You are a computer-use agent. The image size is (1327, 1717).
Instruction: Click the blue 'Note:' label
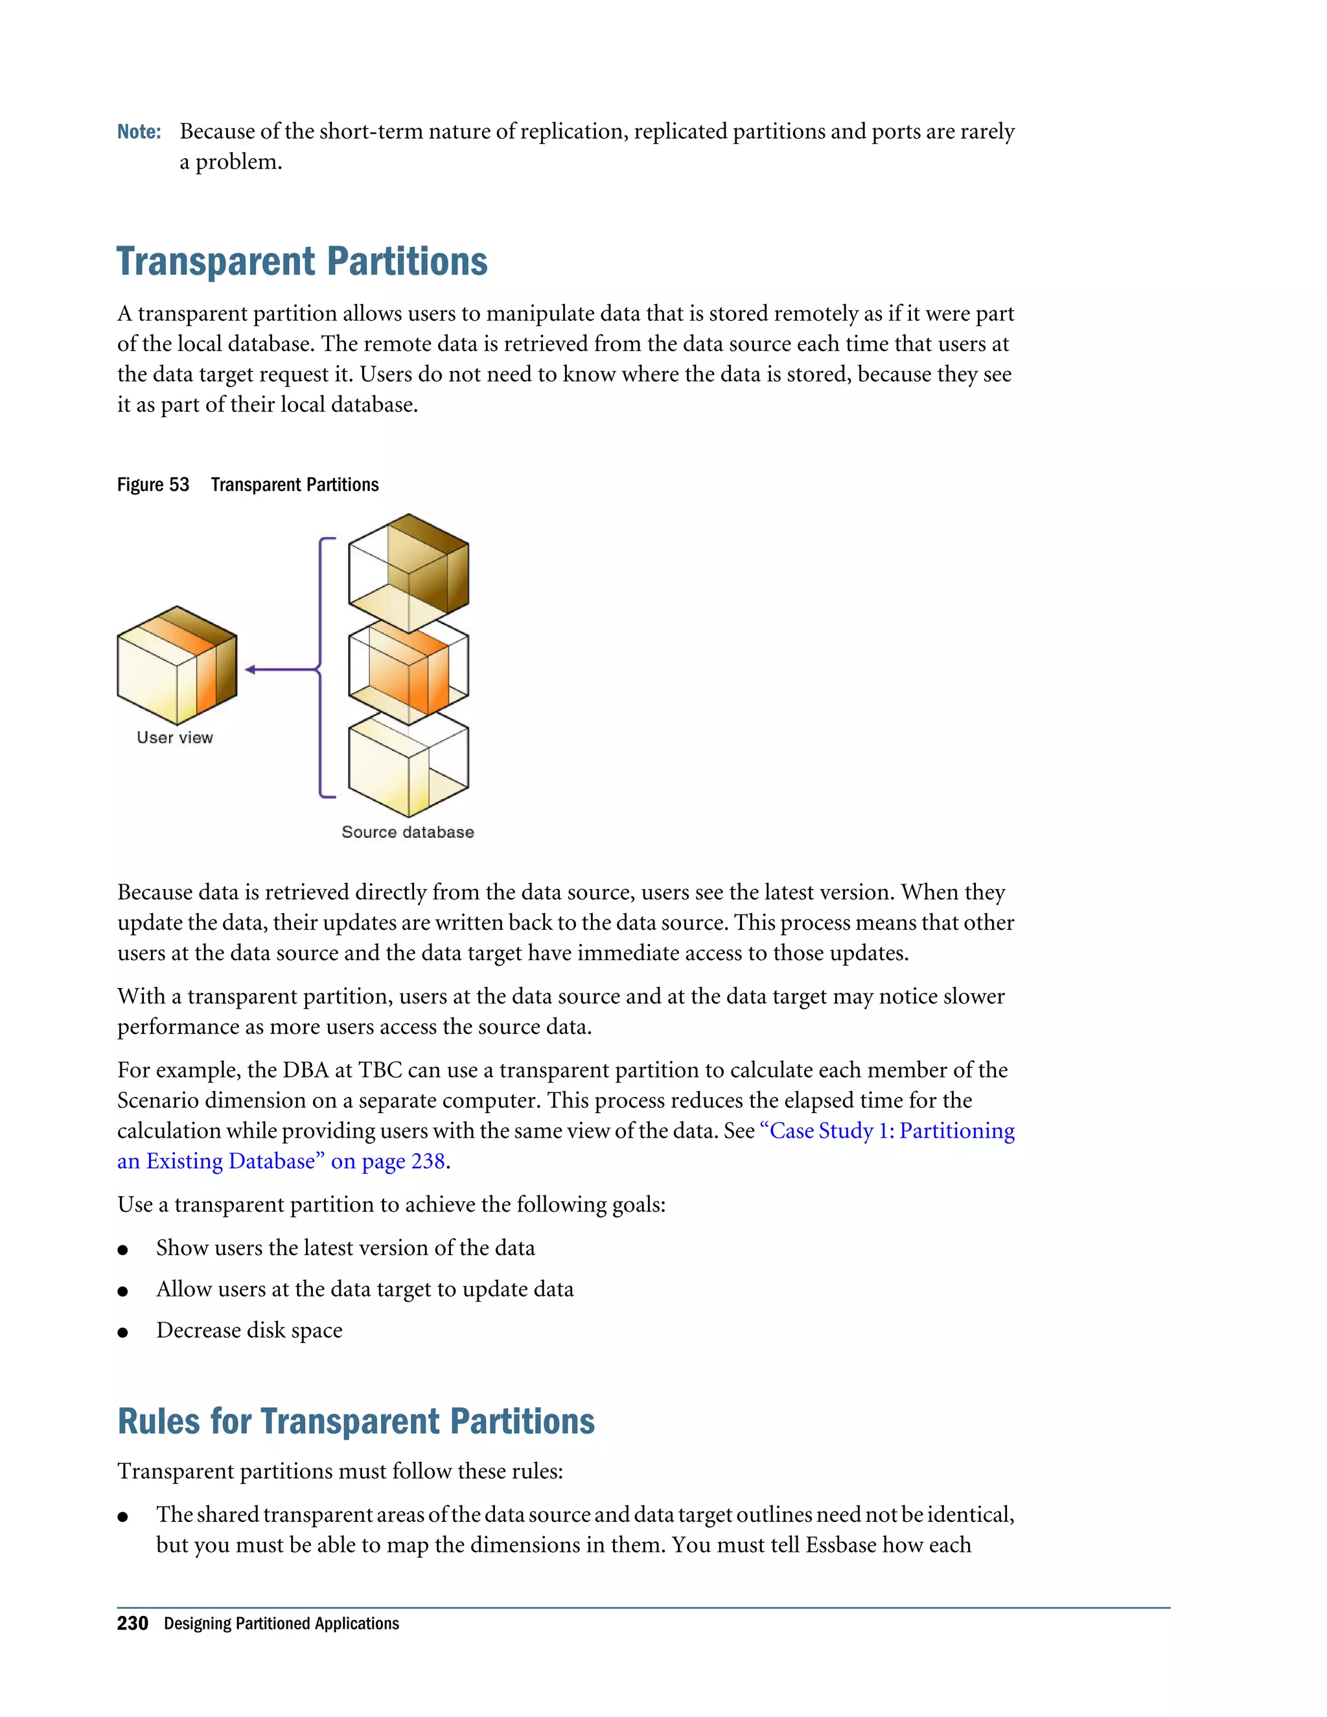click(139, 132)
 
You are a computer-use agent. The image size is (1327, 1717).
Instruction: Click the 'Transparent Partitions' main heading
click(302, 262)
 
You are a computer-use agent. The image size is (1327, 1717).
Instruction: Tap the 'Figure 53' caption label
click(154, 485)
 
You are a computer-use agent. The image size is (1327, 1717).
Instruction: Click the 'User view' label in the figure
click(174, 738)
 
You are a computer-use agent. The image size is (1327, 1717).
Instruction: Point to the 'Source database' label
click(407, 833)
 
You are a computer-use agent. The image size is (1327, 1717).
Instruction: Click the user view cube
click(177, 666)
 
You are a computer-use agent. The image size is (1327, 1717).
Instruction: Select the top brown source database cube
click(409, 572)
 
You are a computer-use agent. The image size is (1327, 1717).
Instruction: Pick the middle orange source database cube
click(409, 671)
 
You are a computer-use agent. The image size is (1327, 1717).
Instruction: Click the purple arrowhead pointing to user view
click(250, 670)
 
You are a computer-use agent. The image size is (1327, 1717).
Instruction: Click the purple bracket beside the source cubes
click(321, 668)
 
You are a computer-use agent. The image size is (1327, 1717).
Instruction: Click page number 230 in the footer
click(132, 1624)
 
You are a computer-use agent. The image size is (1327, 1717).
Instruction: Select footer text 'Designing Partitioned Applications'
click(281, 1624)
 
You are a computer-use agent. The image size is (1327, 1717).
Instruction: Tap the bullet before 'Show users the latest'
click(122, 1250)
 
